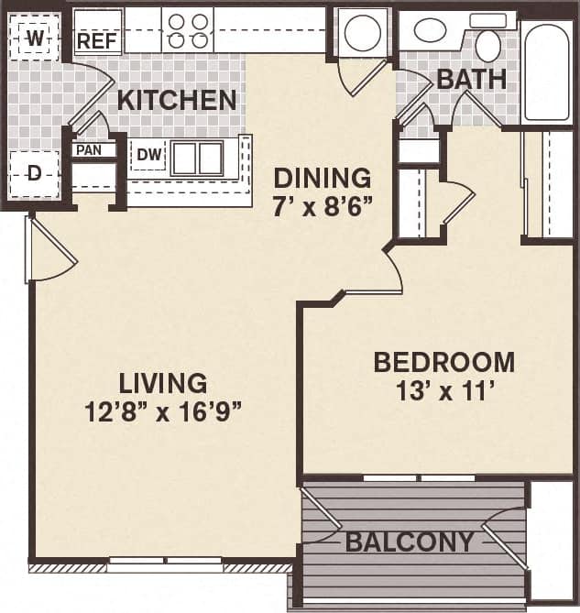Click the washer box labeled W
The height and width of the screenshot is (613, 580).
pyautogui.click(x=35, y=38)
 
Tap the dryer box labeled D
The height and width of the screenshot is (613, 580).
pyautogui.click(x=35, y=173)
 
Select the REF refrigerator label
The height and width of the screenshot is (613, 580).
pyautogui.click(x=95, y=40)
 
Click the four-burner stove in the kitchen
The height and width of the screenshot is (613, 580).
pyautogui.click(x=187, y=31)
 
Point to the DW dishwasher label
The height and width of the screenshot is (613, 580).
pyautogui.click(x=148, y=156)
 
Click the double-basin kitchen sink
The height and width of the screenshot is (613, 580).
pyautogui.click(x=198, y=159)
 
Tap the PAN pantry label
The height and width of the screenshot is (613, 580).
pyautogui.click(x=89, y=149)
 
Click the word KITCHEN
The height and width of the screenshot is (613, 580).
pyautogui.click(x=176, y=100)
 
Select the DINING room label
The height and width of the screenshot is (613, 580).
pyautogui.click(x=323, y=177)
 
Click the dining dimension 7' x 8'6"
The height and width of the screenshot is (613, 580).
pyautogui.click(x=322, y=205)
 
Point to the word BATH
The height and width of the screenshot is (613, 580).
pyautogui.click(x=471, y=79)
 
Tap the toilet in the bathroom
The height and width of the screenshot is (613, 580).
pyautogui.click(x=488, y=44)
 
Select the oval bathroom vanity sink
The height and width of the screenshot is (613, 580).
pyautogui.click(x=431, y=30)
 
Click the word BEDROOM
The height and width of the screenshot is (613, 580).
pyautogui.click(x=443, y=362)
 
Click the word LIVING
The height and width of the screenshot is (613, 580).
pyautogui.click(x=165, y=382)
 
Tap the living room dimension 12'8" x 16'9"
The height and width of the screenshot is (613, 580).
pyautogui.click(x=163, y=411)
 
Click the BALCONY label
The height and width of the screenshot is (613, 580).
pyautogui.click(x=410, y=542)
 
